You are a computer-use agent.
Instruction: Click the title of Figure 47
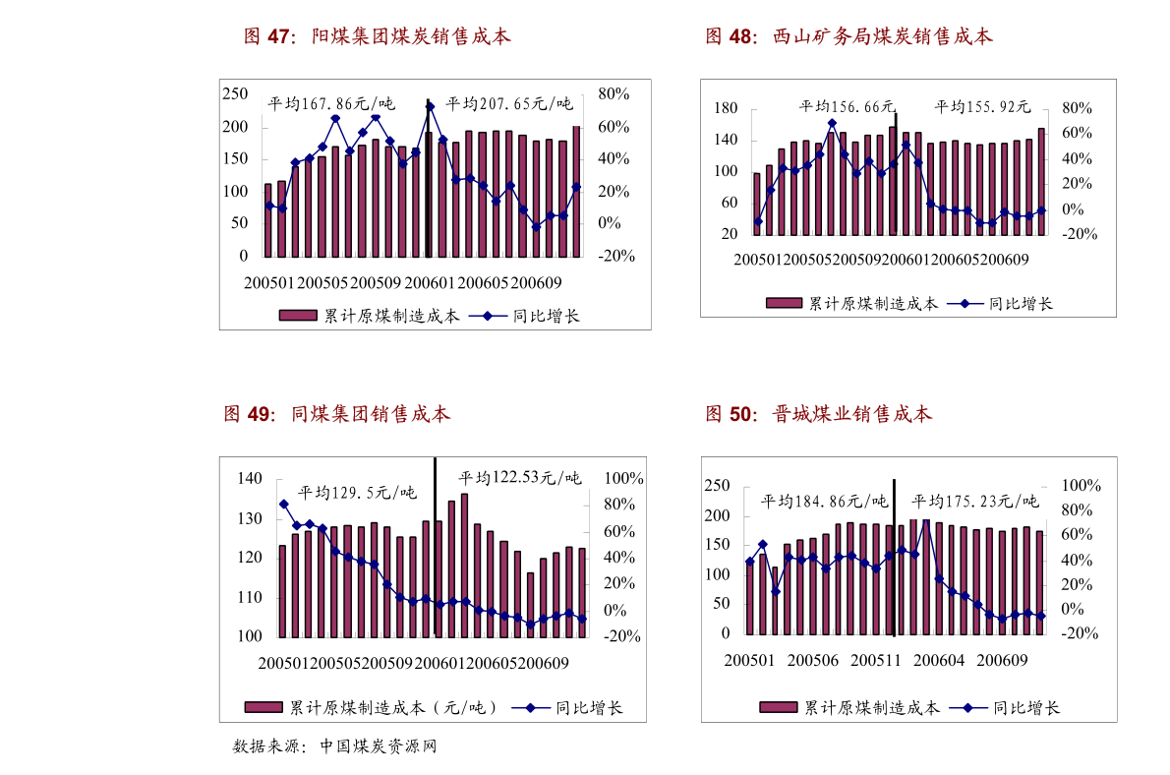[378, 37]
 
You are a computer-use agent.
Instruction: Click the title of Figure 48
[849, 37]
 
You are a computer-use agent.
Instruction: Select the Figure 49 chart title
[337, 414]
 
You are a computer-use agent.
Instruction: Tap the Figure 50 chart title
[819, 414]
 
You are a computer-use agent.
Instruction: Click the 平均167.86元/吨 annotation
[330, 103]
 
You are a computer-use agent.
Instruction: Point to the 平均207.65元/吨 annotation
[508, 103]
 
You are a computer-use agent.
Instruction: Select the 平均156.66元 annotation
[847, 106]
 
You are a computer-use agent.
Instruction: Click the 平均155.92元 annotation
[981, 106]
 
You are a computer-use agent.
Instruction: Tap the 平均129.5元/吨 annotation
[357, 492]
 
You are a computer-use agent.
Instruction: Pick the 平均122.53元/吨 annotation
[519, 478]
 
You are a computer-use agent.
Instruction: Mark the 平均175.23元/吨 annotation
[975, 501]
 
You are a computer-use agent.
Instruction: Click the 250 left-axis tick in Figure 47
[234, 93]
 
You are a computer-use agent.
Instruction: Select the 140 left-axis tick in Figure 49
[249, 478]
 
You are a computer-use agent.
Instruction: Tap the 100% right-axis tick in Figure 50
[1082, 486]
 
